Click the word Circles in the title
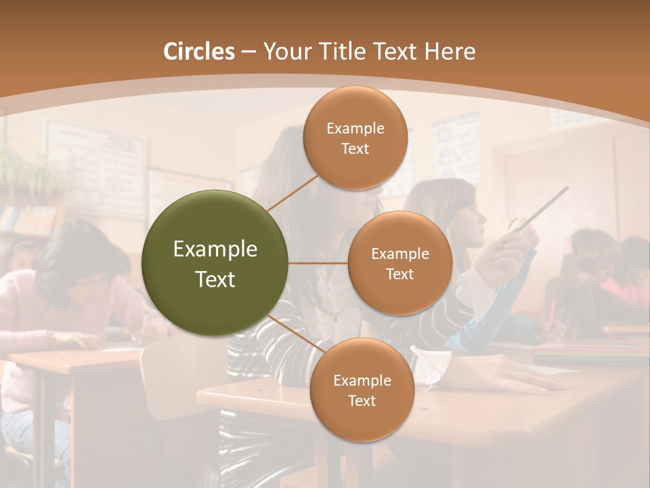coord(199,52)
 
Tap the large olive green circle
coord(215,263)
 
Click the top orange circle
coord(355,138)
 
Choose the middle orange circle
coord(400,263)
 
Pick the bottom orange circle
coord(362,390)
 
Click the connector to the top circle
coord(292,193)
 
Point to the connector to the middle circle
coord(318,263)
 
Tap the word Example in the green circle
coord(215,249)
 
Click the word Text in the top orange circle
coord(355,148)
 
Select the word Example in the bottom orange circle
coord(362,380)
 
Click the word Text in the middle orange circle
coord(400,274)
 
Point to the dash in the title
coord(248,52)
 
